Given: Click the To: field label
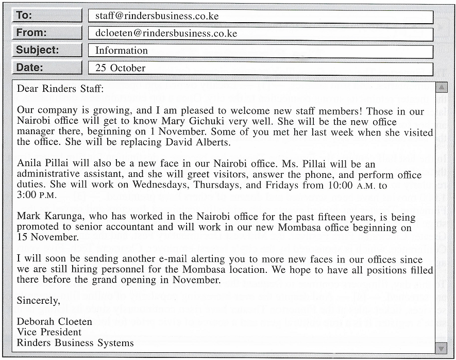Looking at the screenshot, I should (x=24, y=15).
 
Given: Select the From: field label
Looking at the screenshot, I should (x=31, y=33).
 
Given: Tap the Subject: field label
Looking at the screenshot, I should (x=37, y=50).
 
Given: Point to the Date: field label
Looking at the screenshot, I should (x=29, y=68).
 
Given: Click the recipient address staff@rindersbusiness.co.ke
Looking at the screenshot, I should (x=157, y=16).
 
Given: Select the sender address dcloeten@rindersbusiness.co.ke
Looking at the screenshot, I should (x=166, y=34).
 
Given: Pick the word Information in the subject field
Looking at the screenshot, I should (x=121, y=51).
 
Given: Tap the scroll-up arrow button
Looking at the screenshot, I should (x=442, y=88).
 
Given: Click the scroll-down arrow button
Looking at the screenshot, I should (x=442, y=348).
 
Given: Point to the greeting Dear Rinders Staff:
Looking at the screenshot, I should (x=60, y=88).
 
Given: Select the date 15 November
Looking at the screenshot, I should (x=47, y=237).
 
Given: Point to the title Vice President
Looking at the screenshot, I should (x=49, y=332).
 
